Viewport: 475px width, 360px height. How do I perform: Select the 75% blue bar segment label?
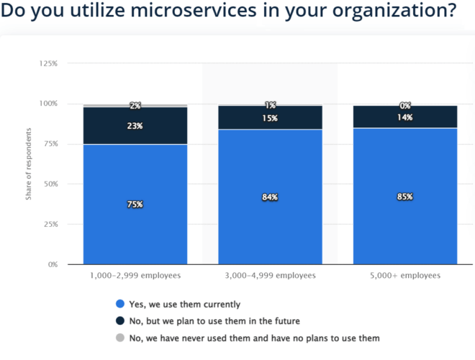135,204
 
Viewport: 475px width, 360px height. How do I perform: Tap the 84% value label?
270,197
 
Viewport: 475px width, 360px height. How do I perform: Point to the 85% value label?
404,197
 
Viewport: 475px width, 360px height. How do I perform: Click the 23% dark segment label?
135,125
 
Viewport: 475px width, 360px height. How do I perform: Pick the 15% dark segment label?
270,119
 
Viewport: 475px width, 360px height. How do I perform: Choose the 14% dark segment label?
404,117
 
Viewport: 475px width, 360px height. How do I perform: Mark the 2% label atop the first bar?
135,106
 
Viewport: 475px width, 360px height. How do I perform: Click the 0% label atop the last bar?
404,106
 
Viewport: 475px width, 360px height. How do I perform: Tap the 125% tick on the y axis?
48,64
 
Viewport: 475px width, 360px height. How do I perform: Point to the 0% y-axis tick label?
53,264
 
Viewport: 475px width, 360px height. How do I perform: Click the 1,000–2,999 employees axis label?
135,276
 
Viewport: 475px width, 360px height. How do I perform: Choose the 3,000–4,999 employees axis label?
270,276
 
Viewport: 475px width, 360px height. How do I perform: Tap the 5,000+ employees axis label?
404,276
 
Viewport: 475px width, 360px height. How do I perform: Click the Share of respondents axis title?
29,164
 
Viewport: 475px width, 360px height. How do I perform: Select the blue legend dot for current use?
119,305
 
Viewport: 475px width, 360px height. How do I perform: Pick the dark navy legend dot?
119,321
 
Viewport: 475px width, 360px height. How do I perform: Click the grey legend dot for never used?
119,338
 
